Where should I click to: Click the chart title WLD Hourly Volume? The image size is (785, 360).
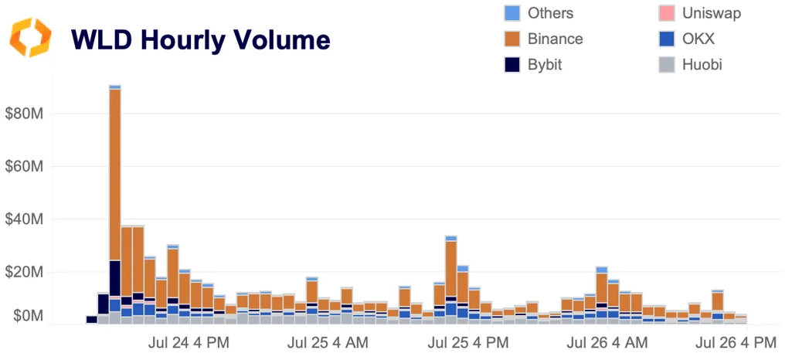(200, 39)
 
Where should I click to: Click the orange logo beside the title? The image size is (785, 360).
(30, 38)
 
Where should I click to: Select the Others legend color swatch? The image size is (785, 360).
(511, 13)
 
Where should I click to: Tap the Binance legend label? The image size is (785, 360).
(555, 39)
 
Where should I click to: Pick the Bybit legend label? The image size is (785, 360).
(545, 65)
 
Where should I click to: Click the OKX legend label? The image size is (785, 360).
(699, 39)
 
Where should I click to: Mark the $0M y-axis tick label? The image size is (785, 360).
(25, 316)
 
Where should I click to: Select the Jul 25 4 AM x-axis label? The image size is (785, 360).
(328, 341)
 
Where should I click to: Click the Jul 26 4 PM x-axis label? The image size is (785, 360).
(736, 341)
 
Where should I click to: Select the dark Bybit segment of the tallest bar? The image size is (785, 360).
(115, 277)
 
